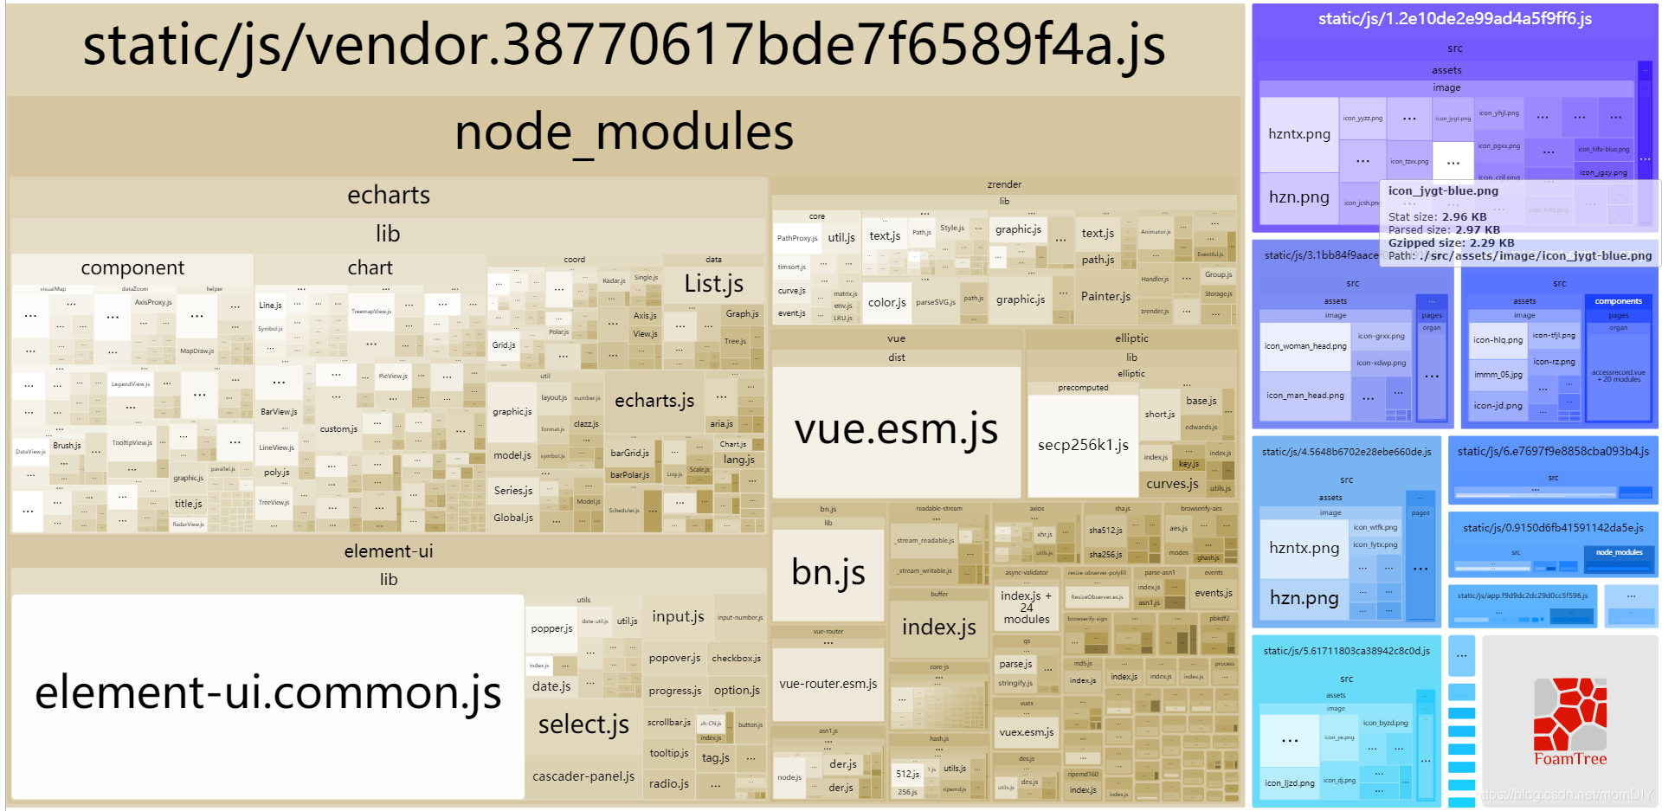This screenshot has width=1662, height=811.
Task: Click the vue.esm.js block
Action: tap(896, 430)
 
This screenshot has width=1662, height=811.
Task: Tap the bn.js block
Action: tap(828, 573)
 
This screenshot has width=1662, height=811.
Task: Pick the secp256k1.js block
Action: tap(1083, 445)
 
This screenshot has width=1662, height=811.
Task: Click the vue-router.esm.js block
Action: tap(828, 684)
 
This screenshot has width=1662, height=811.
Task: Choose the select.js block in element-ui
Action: tap(583, 724)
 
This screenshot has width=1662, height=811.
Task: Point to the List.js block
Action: tap(713, 284)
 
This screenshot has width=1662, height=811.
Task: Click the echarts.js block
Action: tap(654, 401)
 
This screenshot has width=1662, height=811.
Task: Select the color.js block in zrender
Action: tap(886, 302)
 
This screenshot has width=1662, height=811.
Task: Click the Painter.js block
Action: tap(1105, 296)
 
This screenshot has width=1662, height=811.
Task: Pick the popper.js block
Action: tap(551, 628)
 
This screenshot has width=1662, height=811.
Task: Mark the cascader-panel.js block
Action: tap(583, 776)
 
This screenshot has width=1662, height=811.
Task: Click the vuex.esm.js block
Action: tap(1026, 732)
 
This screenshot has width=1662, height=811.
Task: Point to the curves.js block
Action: tap(1172, 484)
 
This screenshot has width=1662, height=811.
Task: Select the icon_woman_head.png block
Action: tap(1304, 346)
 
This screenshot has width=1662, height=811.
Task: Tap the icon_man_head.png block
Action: tap(1304, 396)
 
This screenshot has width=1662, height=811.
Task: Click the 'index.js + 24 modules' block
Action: tap(1026, 608)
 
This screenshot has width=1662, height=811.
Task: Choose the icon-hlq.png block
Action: tap(1498, 340)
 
